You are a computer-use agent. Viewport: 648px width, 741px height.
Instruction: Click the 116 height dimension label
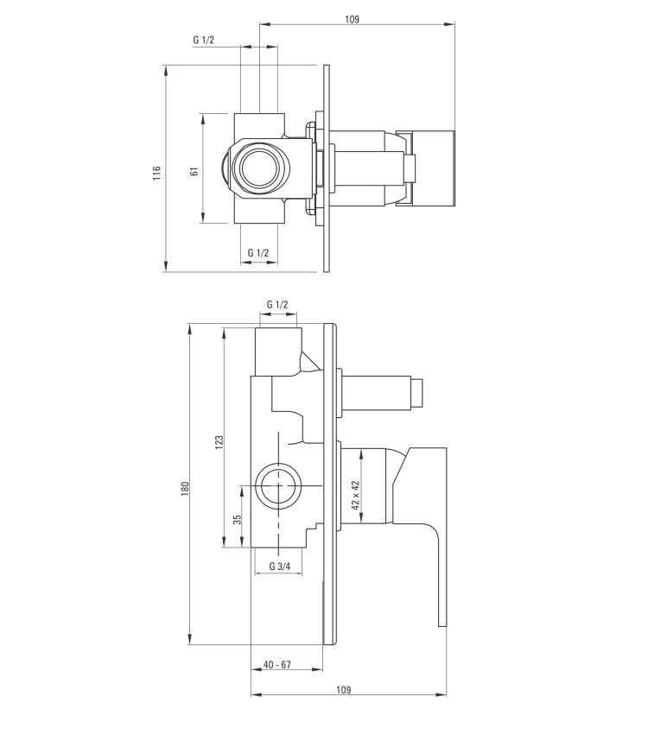click(x=157, y=173)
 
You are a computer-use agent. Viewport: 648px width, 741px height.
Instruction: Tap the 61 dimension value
click(x=194, y=172)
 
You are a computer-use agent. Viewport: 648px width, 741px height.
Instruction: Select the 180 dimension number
click(x=185, y=488)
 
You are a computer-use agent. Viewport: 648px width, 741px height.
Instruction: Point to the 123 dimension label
click(x=219, y=442)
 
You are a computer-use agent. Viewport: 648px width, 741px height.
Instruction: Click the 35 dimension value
click(x=238, y=519)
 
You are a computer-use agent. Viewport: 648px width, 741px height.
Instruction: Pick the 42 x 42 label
click(x=356, y=495)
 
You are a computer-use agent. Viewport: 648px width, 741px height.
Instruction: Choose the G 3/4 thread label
click(x=280, y=567)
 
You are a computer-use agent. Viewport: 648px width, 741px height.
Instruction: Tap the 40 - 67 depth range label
click(x=277, y=664)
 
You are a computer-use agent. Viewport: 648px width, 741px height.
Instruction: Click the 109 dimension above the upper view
click(x=353, y=19)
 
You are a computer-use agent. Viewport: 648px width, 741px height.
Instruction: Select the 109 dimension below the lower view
click(x=344, y=690)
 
